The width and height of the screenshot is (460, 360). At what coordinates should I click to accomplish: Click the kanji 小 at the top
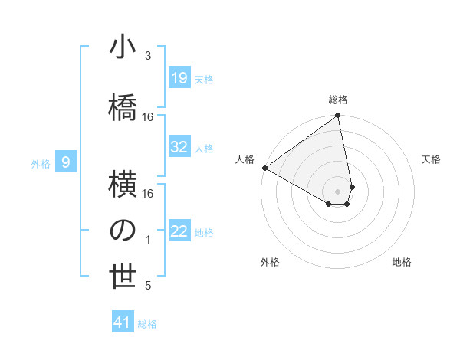123,47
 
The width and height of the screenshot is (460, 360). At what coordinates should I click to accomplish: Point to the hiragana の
123,230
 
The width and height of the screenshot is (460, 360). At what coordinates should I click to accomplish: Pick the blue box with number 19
179,78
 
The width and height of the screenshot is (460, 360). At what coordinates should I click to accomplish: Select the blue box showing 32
179,147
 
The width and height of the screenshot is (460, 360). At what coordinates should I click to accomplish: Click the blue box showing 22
179,231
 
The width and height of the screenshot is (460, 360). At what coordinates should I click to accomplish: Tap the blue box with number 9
67,162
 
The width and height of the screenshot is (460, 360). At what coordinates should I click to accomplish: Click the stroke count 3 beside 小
148,56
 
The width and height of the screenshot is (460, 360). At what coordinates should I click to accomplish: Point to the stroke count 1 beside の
148,240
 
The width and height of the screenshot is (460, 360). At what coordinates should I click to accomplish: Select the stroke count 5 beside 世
148,286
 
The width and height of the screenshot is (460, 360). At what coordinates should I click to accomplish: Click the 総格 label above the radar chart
338,100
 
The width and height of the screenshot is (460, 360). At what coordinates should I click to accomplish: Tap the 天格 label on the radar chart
431,159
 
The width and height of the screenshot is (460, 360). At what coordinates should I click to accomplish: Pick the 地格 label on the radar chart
402,262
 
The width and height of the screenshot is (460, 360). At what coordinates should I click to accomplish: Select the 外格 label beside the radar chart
270,262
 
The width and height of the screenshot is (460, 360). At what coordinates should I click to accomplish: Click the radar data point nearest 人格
264,168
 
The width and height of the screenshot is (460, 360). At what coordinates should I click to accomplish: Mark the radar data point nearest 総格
338,116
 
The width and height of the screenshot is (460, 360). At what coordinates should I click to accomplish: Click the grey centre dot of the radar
338,189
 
